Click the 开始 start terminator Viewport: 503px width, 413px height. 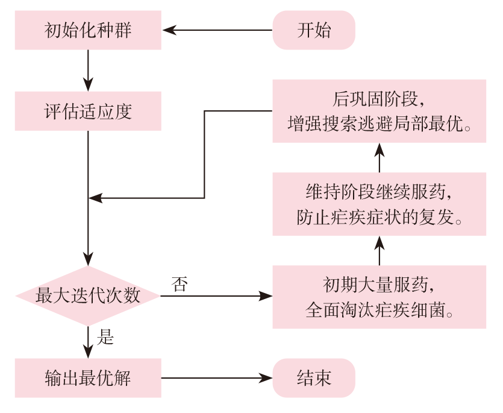(x=314, y=30)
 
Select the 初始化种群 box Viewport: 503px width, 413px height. (x=88, y=30)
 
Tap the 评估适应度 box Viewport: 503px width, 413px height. (x=88, y=111)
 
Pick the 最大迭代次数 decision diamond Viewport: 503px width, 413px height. (x=88, y=296)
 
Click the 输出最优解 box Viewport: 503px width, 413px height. (x=88, y=378)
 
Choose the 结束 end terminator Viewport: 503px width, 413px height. (x=314, y=378)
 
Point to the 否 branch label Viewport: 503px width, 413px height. (x=180, y=284)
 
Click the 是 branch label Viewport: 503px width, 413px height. (x=105, y=337)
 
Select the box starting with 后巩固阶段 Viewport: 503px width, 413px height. (x=379, y=111)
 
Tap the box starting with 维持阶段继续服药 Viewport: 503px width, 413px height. (x=379, y=204)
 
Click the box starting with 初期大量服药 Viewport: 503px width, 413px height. (x=379, y=297)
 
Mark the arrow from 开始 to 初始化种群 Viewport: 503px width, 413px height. (x=217, y=30)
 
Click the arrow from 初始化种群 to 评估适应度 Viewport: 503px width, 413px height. (x=88, y=71)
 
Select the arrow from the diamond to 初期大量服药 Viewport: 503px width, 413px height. (x=216, y=296)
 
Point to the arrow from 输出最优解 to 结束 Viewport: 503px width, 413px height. (x=217, y=378)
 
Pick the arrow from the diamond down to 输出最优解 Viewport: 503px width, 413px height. (x=88, y=342)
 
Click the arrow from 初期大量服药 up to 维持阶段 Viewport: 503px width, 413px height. (x=380, y=251)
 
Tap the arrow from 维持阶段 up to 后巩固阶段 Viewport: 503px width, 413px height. (x=380, y=158)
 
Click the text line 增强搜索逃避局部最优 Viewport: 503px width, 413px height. (x=379, y=124)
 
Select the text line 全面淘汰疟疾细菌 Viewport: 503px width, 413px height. (x=379, y=310)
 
